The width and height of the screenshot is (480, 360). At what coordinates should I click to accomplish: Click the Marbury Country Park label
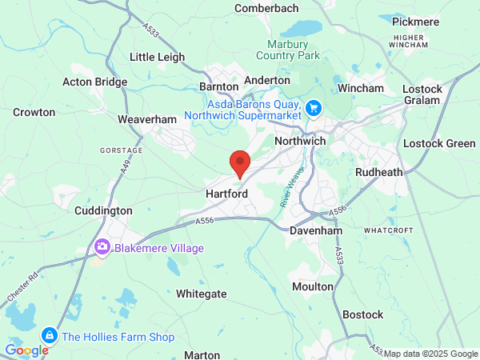(x=288, y=49)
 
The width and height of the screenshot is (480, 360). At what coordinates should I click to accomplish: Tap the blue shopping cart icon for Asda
(x=314, y=106)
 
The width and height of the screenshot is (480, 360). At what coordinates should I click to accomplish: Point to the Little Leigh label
(x=157, y=58)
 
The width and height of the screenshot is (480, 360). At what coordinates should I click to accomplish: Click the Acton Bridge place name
(x=95, y=82)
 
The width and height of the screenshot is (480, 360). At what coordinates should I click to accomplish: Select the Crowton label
(x=34, y=113)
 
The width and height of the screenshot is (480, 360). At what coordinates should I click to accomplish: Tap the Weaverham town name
(x=146, y=119)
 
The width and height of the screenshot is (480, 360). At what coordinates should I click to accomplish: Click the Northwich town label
(x=300, y=141)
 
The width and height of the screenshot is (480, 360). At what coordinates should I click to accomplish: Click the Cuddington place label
(x=103, y=210)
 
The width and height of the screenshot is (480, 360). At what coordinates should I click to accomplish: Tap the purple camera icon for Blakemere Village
(x=102, y=247)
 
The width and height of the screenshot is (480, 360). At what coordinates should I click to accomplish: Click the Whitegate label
(x=202, y=294)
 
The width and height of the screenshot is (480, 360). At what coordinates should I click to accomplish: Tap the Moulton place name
(x=313, y=286)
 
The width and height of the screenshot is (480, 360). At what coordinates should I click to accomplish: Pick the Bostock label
(x=363, y=314)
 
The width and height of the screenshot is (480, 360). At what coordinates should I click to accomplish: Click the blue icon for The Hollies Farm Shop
(x=50, y=335)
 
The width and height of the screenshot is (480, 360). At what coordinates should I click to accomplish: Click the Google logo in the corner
(x=26, y=350)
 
